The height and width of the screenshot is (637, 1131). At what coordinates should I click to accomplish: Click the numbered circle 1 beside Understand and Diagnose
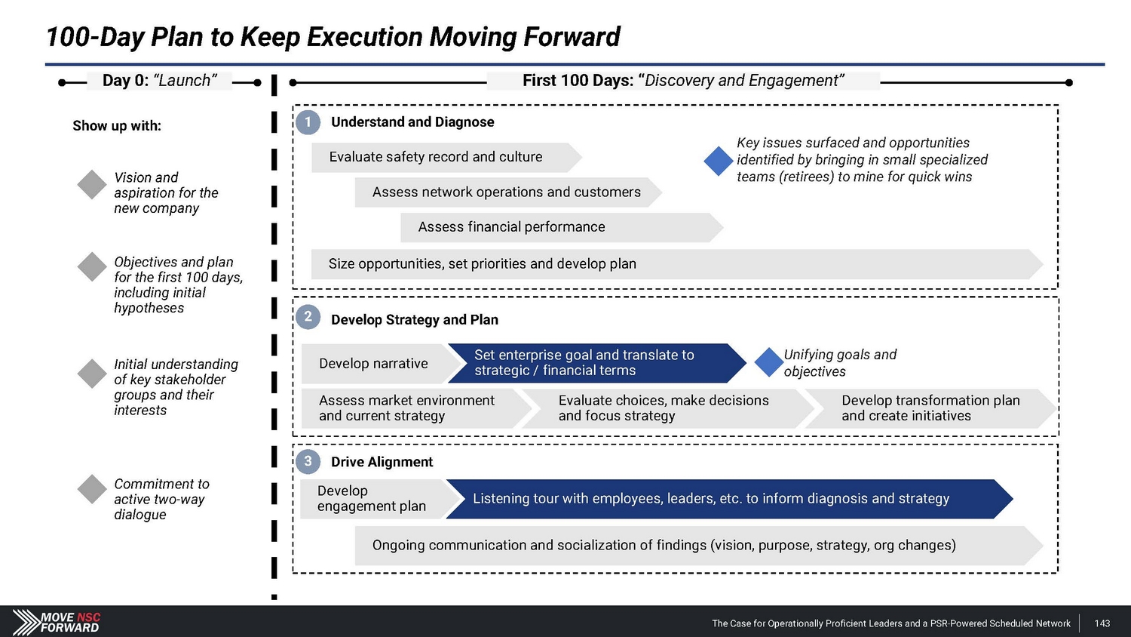(308, 122)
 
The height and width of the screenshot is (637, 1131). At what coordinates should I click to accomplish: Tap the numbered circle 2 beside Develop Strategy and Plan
(308, 317)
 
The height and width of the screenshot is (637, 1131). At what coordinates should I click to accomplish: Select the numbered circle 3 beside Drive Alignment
(308, 461)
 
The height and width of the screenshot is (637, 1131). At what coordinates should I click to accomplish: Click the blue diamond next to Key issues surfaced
(718, 161)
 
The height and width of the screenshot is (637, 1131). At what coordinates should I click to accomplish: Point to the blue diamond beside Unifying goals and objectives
(769, 362)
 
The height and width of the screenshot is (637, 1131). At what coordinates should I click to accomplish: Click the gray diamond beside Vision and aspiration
(92, 185)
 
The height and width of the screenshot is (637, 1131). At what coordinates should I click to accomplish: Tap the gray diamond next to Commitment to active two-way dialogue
(92, 489)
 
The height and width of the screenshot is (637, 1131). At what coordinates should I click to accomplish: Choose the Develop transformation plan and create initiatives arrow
(930, 408)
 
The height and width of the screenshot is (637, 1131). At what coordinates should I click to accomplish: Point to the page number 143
(1102, 623)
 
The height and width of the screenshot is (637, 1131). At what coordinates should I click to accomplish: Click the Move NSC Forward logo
(57, 622)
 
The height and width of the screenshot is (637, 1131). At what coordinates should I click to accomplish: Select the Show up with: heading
(117, 126)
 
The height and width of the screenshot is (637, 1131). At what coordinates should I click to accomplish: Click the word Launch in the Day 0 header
(185, 81)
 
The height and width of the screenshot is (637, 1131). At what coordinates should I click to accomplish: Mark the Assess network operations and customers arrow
(507, 192)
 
